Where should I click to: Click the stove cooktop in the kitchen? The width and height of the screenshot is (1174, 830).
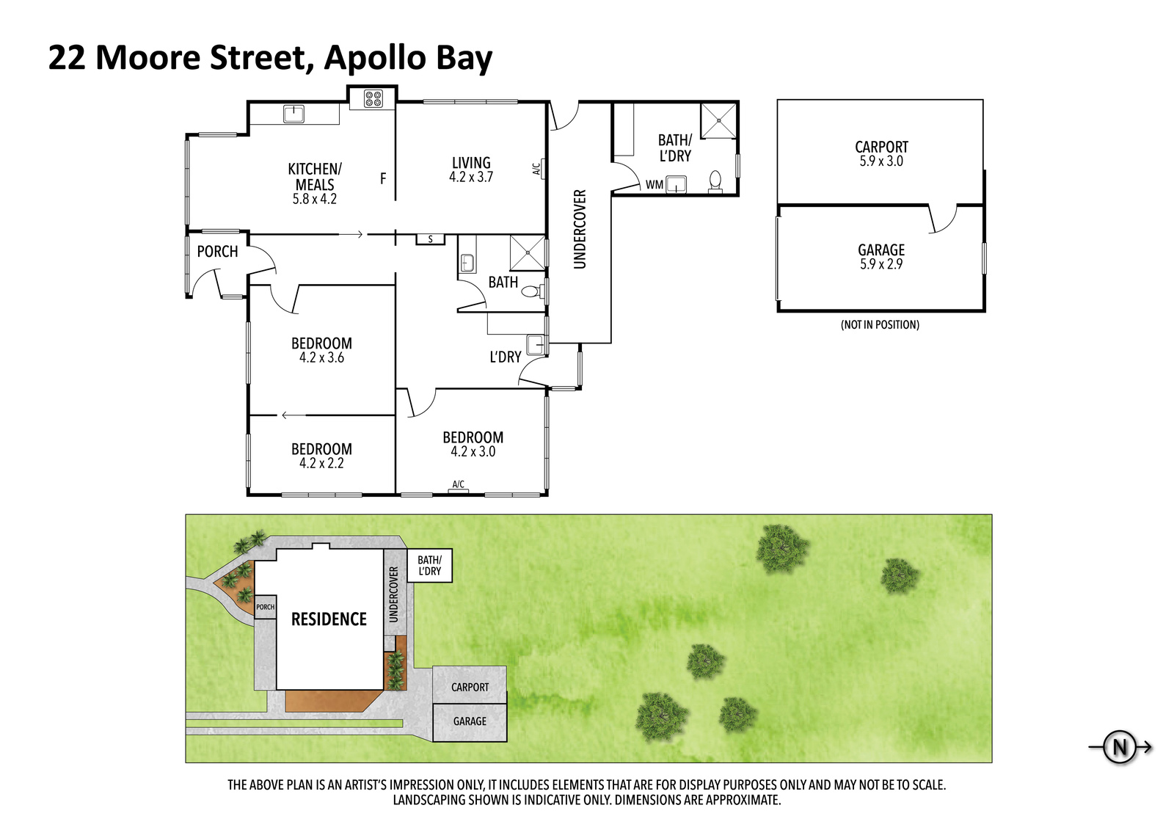[373, 98]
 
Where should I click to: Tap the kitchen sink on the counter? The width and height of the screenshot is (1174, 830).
[293, 114]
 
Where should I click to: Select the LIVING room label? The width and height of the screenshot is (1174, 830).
[471, 162]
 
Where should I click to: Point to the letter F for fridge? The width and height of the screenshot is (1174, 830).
[383, 179]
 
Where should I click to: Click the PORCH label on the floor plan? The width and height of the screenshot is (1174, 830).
[217, 252]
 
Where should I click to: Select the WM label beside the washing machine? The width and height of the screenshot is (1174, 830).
[654, 184]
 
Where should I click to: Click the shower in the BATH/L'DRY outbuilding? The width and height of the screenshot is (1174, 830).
[719, 120]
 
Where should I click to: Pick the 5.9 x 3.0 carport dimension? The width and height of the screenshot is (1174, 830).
[881, 161]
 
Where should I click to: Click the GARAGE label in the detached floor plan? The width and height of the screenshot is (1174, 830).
[881, 250]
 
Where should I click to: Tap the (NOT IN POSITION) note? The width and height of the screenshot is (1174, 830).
[880, 324]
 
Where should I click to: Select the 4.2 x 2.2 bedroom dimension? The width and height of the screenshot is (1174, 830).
[321, 463]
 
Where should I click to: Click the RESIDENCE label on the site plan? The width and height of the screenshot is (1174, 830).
[329, 619]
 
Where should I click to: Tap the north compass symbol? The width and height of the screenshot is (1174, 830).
[1120, 746]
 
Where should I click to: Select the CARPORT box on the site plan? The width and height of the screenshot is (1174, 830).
[470, 685]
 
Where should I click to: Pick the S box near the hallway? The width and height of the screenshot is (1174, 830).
[430, 240]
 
